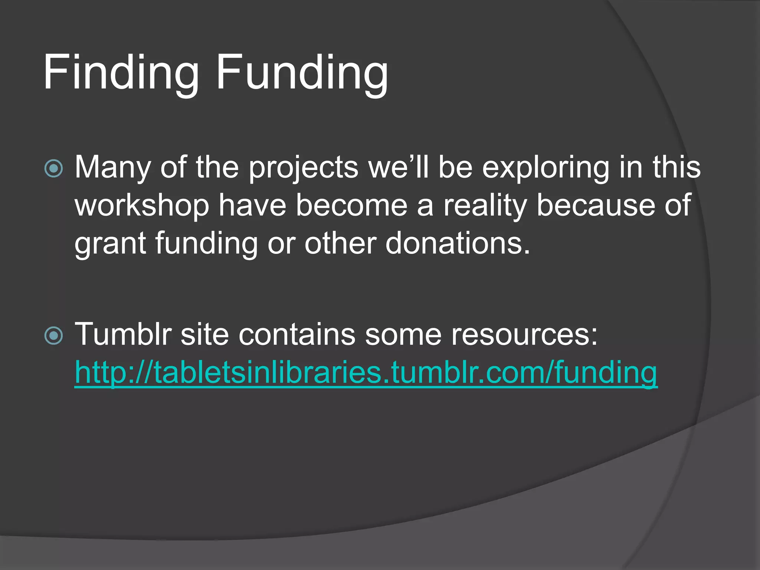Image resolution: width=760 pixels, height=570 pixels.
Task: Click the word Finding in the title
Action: click(121, 72)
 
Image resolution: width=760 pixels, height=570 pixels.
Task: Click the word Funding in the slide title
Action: click(302, 72)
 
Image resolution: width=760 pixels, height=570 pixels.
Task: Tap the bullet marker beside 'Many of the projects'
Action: click(54, 168)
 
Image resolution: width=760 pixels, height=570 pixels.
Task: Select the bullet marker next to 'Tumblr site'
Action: click(54, 335)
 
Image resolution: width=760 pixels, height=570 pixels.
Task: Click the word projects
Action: click(303, 168)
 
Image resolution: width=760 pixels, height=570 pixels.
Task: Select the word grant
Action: click(110, 244)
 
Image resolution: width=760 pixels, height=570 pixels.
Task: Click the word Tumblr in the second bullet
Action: click(123, 334)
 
